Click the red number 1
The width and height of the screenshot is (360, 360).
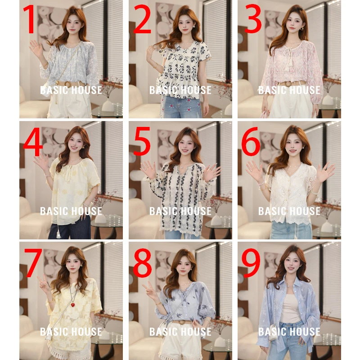pos(30,19)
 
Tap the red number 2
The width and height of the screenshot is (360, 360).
pos(142,19)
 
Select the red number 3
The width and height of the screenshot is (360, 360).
pos(253,19)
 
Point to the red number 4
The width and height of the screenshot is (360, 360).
pos(33,141)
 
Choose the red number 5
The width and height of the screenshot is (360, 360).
pos(142,141)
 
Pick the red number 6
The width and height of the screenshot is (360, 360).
pos(251,141)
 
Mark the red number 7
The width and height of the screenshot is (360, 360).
pos(33,262)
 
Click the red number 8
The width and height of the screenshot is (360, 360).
pos(142,262)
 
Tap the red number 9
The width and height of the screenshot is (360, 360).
pos(251,262)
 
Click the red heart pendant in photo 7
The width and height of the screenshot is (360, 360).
pos(73,305)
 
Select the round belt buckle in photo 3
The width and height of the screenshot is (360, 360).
pos(287,84)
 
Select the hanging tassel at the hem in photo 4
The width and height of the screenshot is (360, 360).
pos(58,234)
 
